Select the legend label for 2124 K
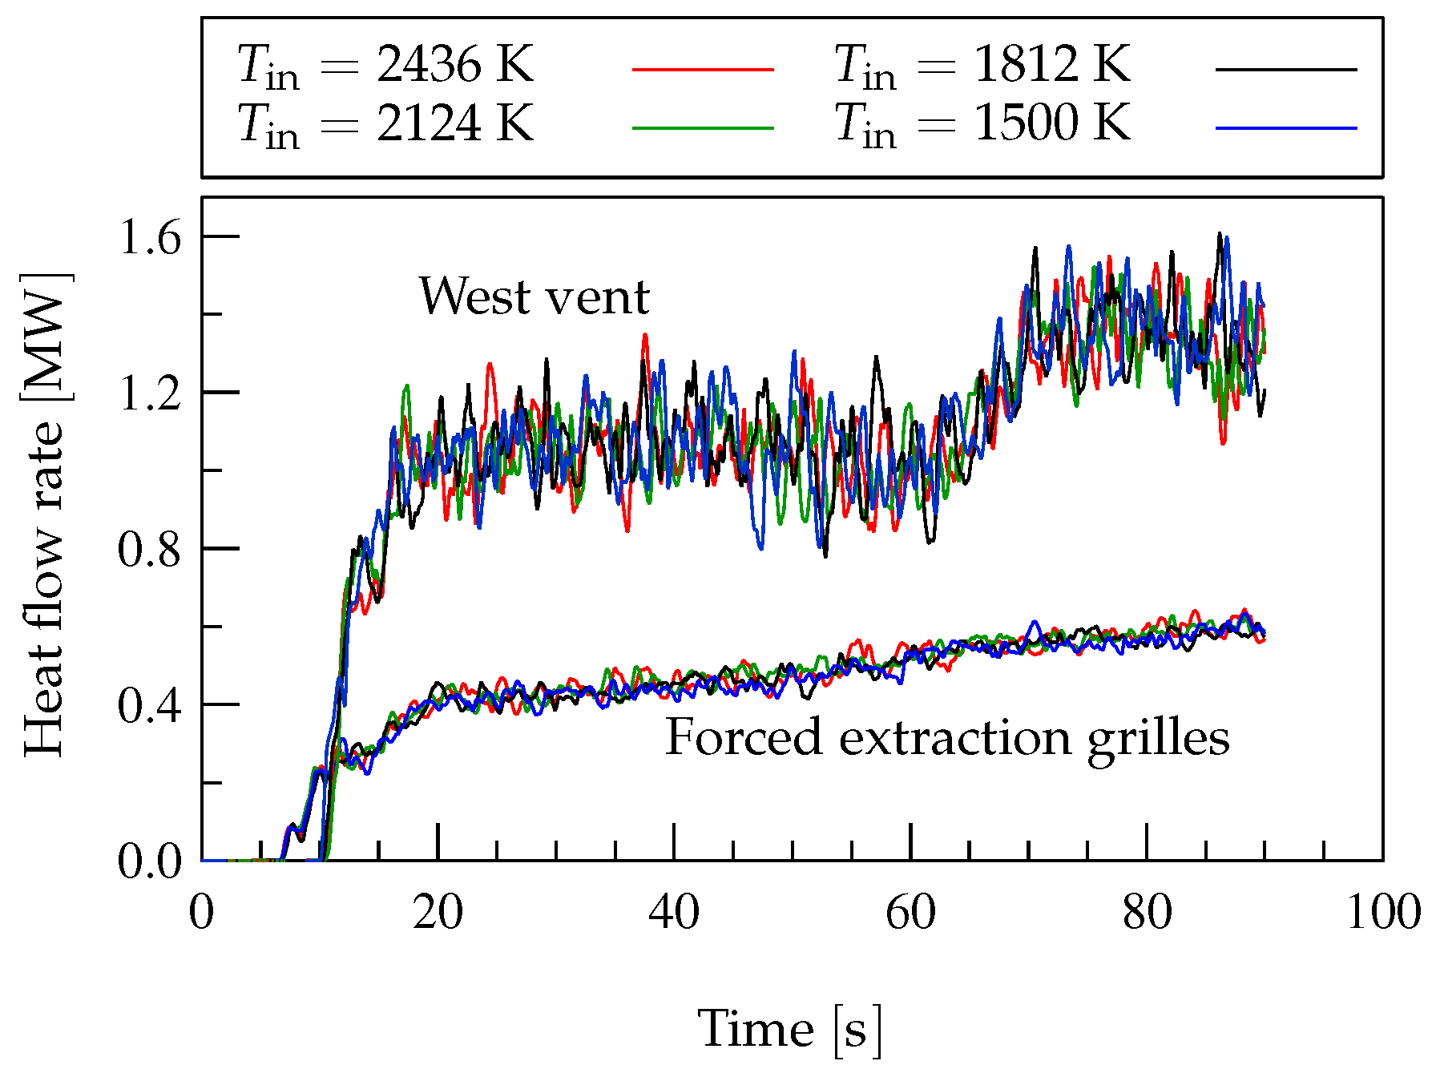point(385,124)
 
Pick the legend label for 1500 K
point(982,124)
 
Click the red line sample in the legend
point(703,70)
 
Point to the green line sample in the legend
point(703,128)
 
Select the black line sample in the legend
point(1286,70)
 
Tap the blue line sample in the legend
point(1286,128)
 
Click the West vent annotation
point(534,297)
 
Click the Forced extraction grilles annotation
point(947,738)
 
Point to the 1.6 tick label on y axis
point(151,238)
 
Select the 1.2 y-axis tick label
point(151,393)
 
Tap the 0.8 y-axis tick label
point(151,550)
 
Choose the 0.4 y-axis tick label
point(151,706)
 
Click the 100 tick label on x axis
point(1383,913)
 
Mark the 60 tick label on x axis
point(911,913)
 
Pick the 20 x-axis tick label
point(438,913)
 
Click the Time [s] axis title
point(790,1029)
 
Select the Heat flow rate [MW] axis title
point(45,514)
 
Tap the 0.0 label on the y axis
point(151,862)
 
